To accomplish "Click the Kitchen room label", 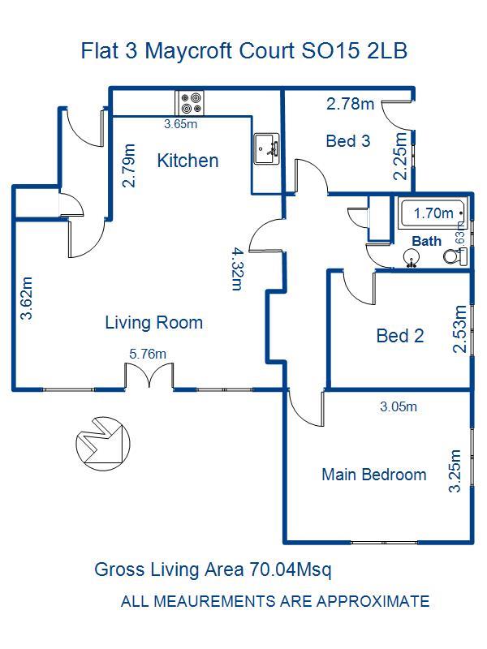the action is coord(187,161).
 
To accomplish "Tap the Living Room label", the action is coord(153,322).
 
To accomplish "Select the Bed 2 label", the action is coord(400,336).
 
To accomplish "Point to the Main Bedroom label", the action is coord(374,475).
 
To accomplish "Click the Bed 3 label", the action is coord(348,140).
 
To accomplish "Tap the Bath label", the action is coord(427,241).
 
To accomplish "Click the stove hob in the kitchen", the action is coord(190,103).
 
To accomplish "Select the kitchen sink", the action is coord(266,148).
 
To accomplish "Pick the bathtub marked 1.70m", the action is coord(433,213).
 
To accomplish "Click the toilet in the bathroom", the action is coord(455,256).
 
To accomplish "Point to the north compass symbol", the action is coord(103,443).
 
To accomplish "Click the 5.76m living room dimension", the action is coord(148,355).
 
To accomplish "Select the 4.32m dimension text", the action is coord(237,269).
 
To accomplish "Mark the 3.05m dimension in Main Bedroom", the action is coord(399,406).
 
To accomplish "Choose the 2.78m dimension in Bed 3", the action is coord(351,104).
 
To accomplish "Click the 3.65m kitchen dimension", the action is coord(180,124).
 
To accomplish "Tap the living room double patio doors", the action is coord(149,376).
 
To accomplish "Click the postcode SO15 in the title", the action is coord(330,50).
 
